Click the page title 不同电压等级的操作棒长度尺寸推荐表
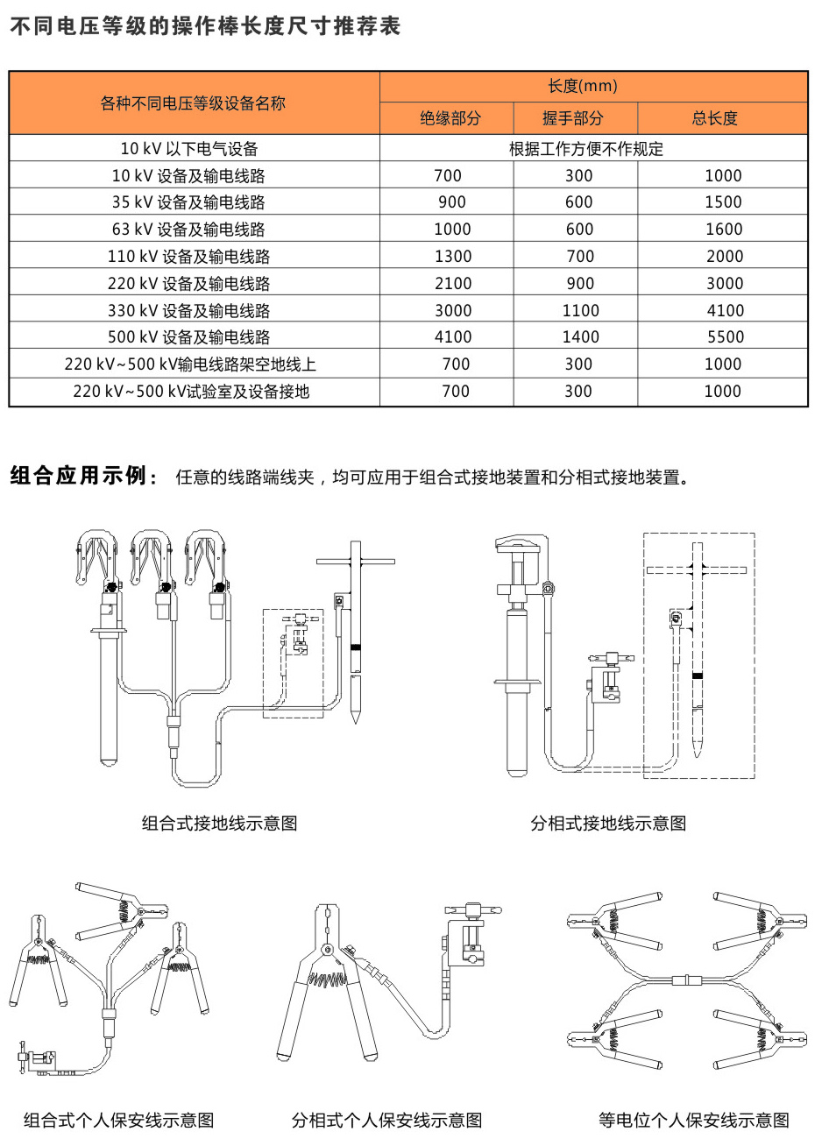[x=205, y=26]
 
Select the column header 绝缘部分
[x=450, y=118]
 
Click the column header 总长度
[x=715, y=118]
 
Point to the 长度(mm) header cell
[x=583, y=86]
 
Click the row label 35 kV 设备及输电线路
[x=188, y=202]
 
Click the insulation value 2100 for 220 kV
[x=453, y=284]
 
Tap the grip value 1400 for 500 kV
[x=580, y=337]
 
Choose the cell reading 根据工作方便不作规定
[x=586, y=149]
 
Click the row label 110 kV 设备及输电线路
[x=188, y=257]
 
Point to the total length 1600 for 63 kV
[x=724, y=230]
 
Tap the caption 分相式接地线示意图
[x=608, y=823]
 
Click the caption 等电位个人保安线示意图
[x=693, y=1120]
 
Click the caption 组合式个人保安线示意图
[x=118, y=1120]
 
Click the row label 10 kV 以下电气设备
[x=189, y=149]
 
